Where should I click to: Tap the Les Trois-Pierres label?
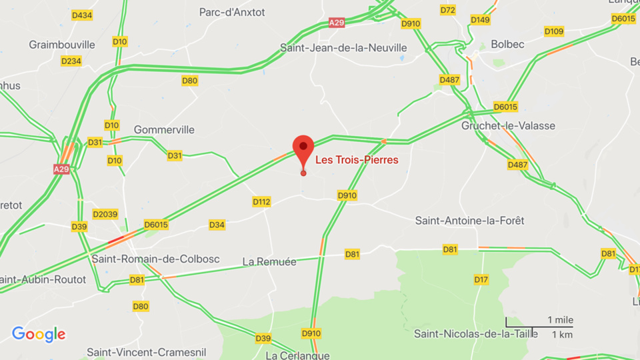tap(357, 160)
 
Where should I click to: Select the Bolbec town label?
tap(507, 44)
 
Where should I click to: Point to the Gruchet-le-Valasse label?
tap(508, 125)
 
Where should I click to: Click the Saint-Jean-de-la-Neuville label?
tap(343, 48)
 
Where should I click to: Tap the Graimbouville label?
tap(62, 45)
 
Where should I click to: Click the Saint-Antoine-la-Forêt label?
tap(469, 220)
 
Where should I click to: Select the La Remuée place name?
tap(269, 262)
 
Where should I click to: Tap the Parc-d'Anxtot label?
tap(232, 12)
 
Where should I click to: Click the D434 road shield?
tap(81, 15)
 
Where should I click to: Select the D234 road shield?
tap(71, 61)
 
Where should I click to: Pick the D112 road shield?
tap(261, 201)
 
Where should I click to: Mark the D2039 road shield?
tap(105, 214)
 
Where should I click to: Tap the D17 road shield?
tap(481, 279)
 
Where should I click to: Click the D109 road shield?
tap(553, 31)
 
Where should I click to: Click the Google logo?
tap(39, 335)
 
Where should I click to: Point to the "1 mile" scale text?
tap(559, 320)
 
